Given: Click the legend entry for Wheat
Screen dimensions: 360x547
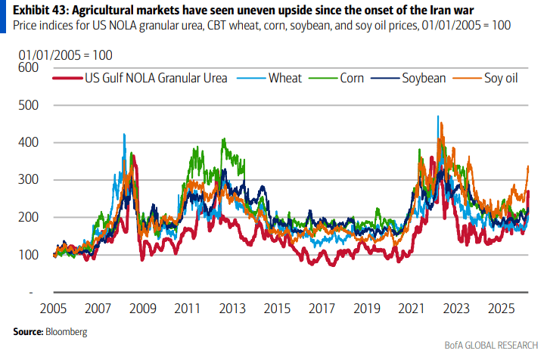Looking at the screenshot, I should click(x=284, y=78).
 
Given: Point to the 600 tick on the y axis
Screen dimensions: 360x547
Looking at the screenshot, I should click(x=27, y=67).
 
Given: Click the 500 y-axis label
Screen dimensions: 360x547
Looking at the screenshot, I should click(x=27, y=105).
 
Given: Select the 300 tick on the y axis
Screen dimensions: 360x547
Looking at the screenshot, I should click(x=27, y=180).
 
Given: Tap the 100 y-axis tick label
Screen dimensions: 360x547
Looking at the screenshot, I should click(x=27, y=255).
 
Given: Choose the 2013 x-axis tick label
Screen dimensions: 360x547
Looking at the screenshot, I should click(x=232, y=311).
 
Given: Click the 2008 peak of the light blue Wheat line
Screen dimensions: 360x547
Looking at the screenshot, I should click(x=124, y=135).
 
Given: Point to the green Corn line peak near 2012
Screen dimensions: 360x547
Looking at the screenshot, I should click(x=222, y=140).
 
